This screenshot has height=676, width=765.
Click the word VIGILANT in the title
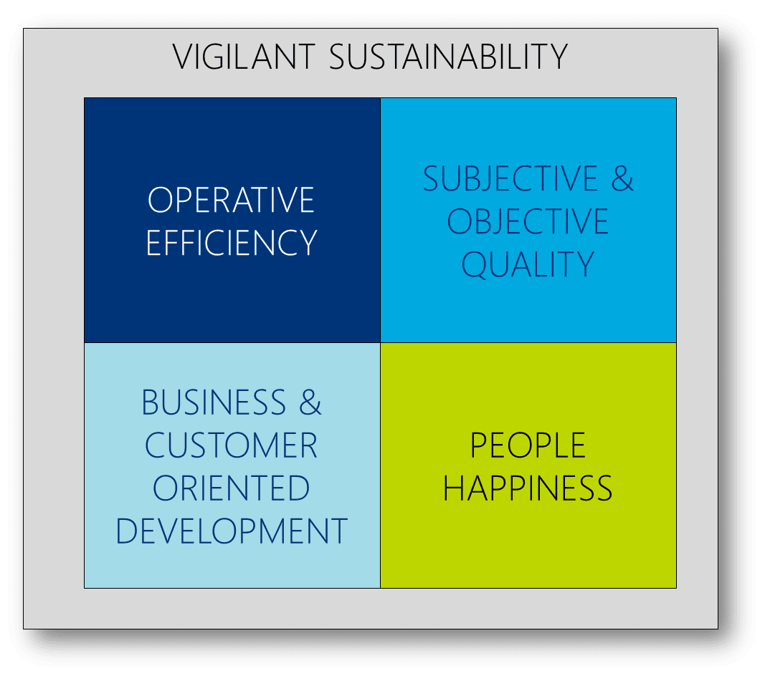(x=244, y=57)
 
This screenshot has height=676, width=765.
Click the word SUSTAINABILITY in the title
(x=448, y=57)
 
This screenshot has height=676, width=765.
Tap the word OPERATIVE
(x=232, y=200)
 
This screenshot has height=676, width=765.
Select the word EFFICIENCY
(x=232, y=243)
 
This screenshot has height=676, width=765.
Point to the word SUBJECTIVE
(x=510, y=179)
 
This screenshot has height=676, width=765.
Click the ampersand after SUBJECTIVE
(x=622, y=178)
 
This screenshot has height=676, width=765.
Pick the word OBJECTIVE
(x=528, y=221)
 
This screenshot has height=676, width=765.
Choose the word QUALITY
(x=528, y=265)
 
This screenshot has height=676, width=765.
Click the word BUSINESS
(x=214, y=402)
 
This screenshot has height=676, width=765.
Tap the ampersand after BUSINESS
(x=310, y=402)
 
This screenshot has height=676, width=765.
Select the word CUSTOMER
(x=232, y=445)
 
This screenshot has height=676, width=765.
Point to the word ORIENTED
(x=232, y=488)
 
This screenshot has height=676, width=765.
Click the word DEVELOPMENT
(x=232, y=531)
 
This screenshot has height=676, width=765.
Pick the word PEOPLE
(x=528, y=445)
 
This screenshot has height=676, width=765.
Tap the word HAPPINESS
(x=528, y=488)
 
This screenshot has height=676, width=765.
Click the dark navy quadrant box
(x=232, y=221)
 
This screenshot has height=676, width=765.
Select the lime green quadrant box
(x=528, y=465)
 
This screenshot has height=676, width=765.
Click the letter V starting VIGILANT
(x=183, y=57)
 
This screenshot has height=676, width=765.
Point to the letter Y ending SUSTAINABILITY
(x=558, y=57)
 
